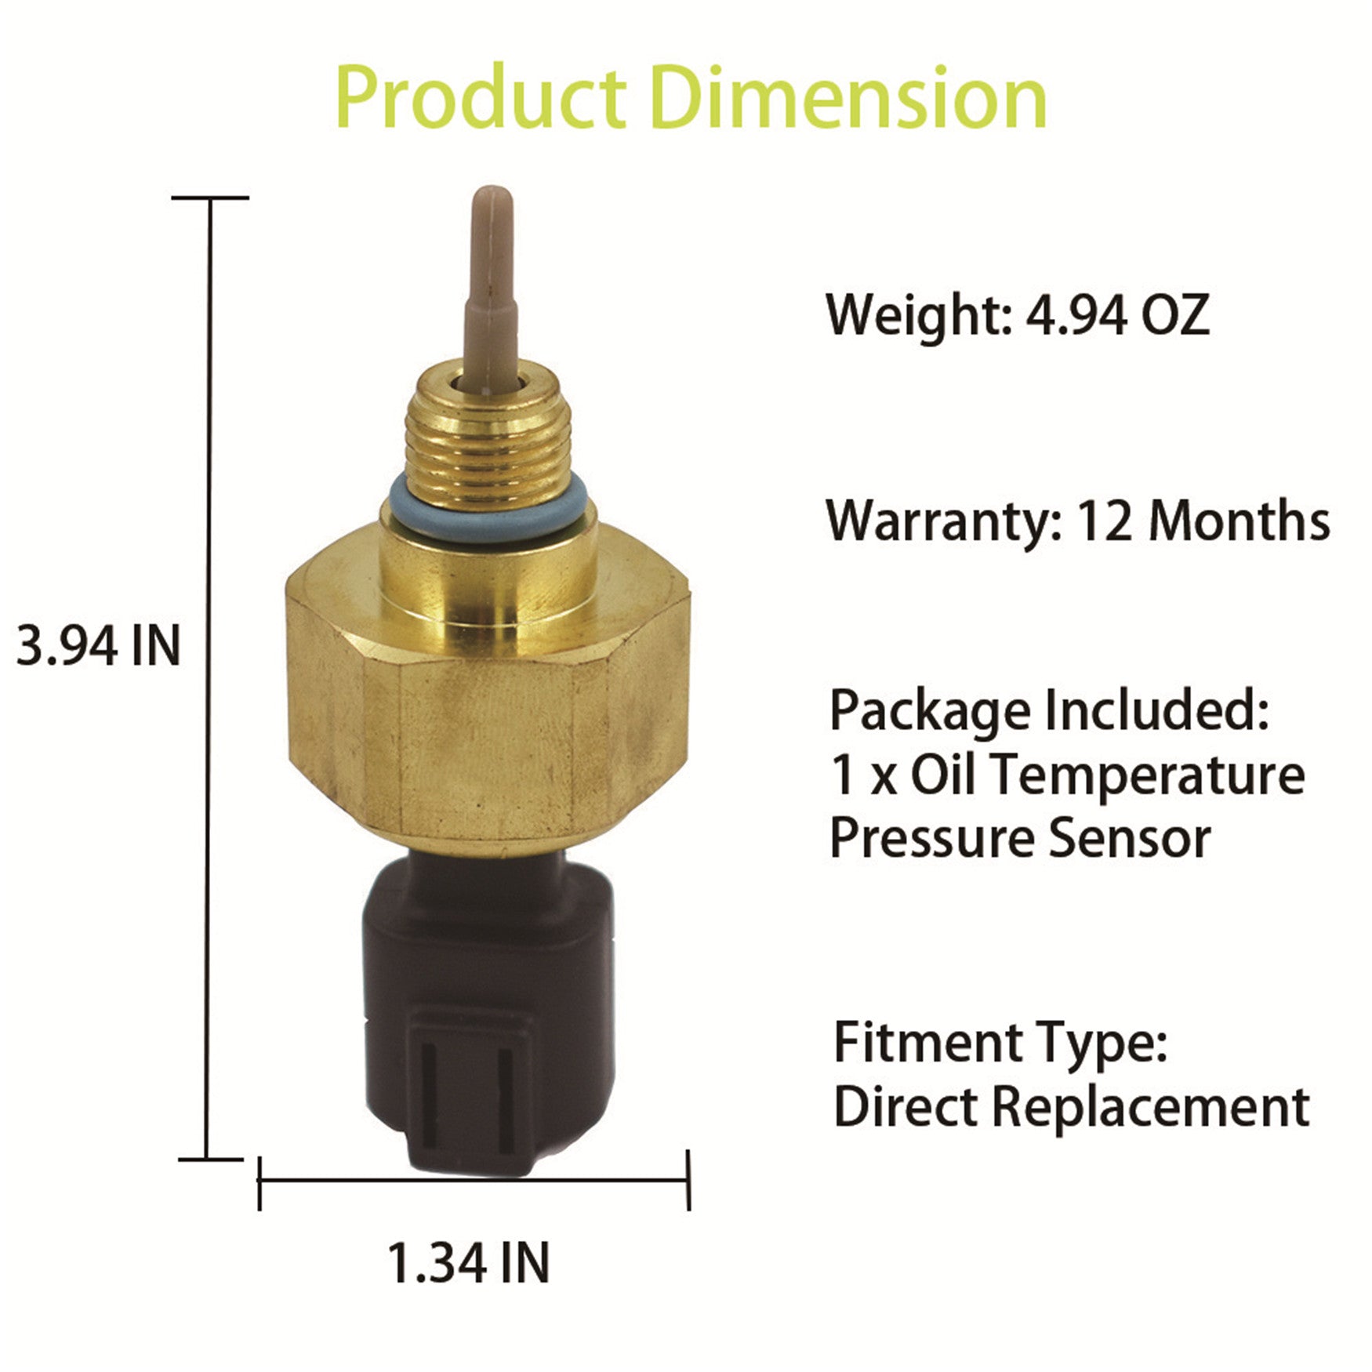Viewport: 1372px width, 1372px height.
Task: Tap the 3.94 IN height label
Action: (98, 647)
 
